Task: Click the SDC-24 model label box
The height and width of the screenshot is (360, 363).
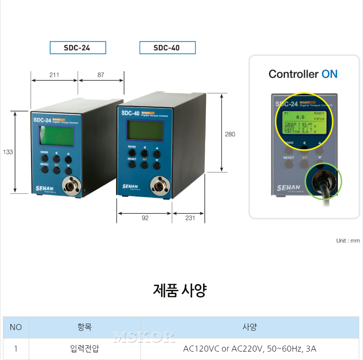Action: (78, 48)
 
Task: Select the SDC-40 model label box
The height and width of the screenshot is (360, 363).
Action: (167, 48)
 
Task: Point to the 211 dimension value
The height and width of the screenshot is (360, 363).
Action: (54, 75)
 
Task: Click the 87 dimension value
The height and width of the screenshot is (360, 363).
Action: (100, 75)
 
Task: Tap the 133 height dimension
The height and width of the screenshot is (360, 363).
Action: (8, 152)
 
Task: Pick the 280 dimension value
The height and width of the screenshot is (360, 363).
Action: (230, 134)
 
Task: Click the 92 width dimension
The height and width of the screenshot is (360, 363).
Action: (145, 218)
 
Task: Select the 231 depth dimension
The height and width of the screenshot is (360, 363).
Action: (190, 218)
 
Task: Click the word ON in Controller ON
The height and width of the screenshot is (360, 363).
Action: (329, 74)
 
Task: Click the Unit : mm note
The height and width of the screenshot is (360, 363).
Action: (348, 241)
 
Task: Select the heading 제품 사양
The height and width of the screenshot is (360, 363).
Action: (180, 290)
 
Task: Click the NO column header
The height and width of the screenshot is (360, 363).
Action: (16, 327)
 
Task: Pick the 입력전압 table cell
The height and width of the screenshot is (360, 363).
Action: (84, 349)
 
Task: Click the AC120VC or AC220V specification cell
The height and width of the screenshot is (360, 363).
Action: (249, 349)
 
